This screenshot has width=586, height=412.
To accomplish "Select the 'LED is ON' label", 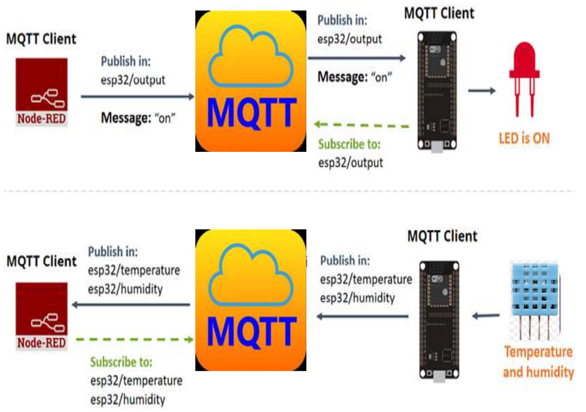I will (524, 138).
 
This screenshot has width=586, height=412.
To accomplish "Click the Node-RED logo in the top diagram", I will (41, 92).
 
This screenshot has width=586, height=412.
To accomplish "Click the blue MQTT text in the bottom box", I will (251, 332).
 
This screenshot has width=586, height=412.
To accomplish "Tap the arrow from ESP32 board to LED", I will (482, 90).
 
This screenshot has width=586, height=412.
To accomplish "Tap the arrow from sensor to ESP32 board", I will (486, 316).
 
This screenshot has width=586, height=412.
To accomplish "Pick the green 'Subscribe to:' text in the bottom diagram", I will (121, 363).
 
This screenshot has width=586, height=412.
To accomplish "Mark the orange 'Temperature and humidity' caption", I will (538, 362).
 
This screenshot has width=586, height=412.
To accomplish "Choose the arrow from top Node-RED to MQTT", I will (138, 97).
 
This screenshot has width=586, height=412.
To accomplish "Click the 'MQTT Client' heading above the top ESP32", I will (439, 13).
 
